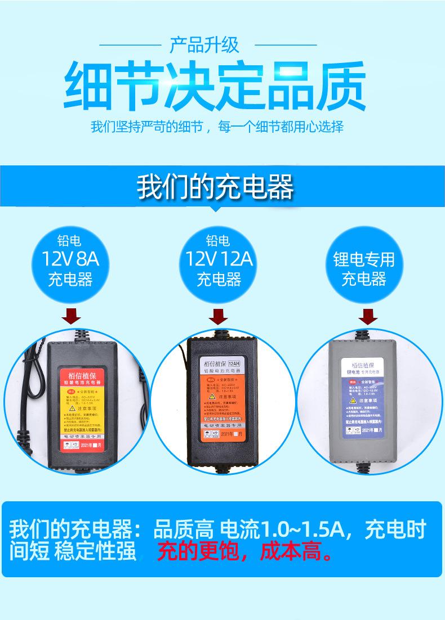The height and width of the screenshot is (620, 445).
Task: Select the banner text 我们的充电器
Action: [216, 187]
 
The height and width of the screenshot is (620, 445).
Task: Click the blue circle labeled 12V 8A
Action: [70, 260]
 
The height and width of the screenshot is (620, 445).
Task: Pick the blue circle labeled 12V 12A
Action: [219, 260]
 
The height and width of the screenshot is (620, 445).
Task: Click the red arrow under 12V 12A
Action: [218, 317]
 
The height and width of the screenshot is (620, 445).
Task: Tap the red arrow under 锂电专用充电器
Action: [368, 317]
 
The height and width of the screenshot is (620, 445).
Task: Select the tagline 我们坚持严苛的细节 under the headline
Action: [146, 126]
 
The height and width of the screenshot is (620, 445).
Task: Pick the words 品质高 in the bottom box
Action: [183, 529]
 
